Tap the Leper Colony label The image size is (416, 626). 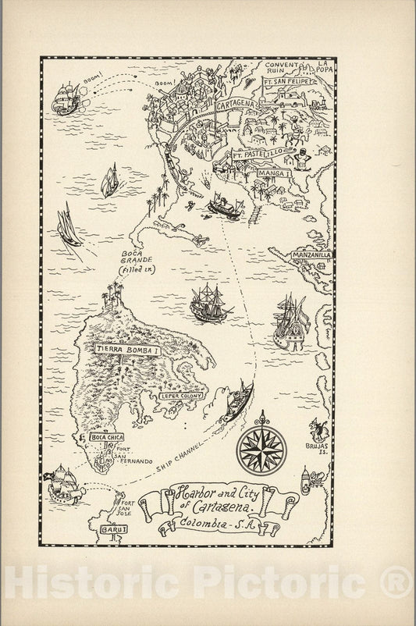pyautogui.click(x=181, y=397)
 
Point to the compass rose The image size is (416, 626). pyautogui.click(x=261, y=449)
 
